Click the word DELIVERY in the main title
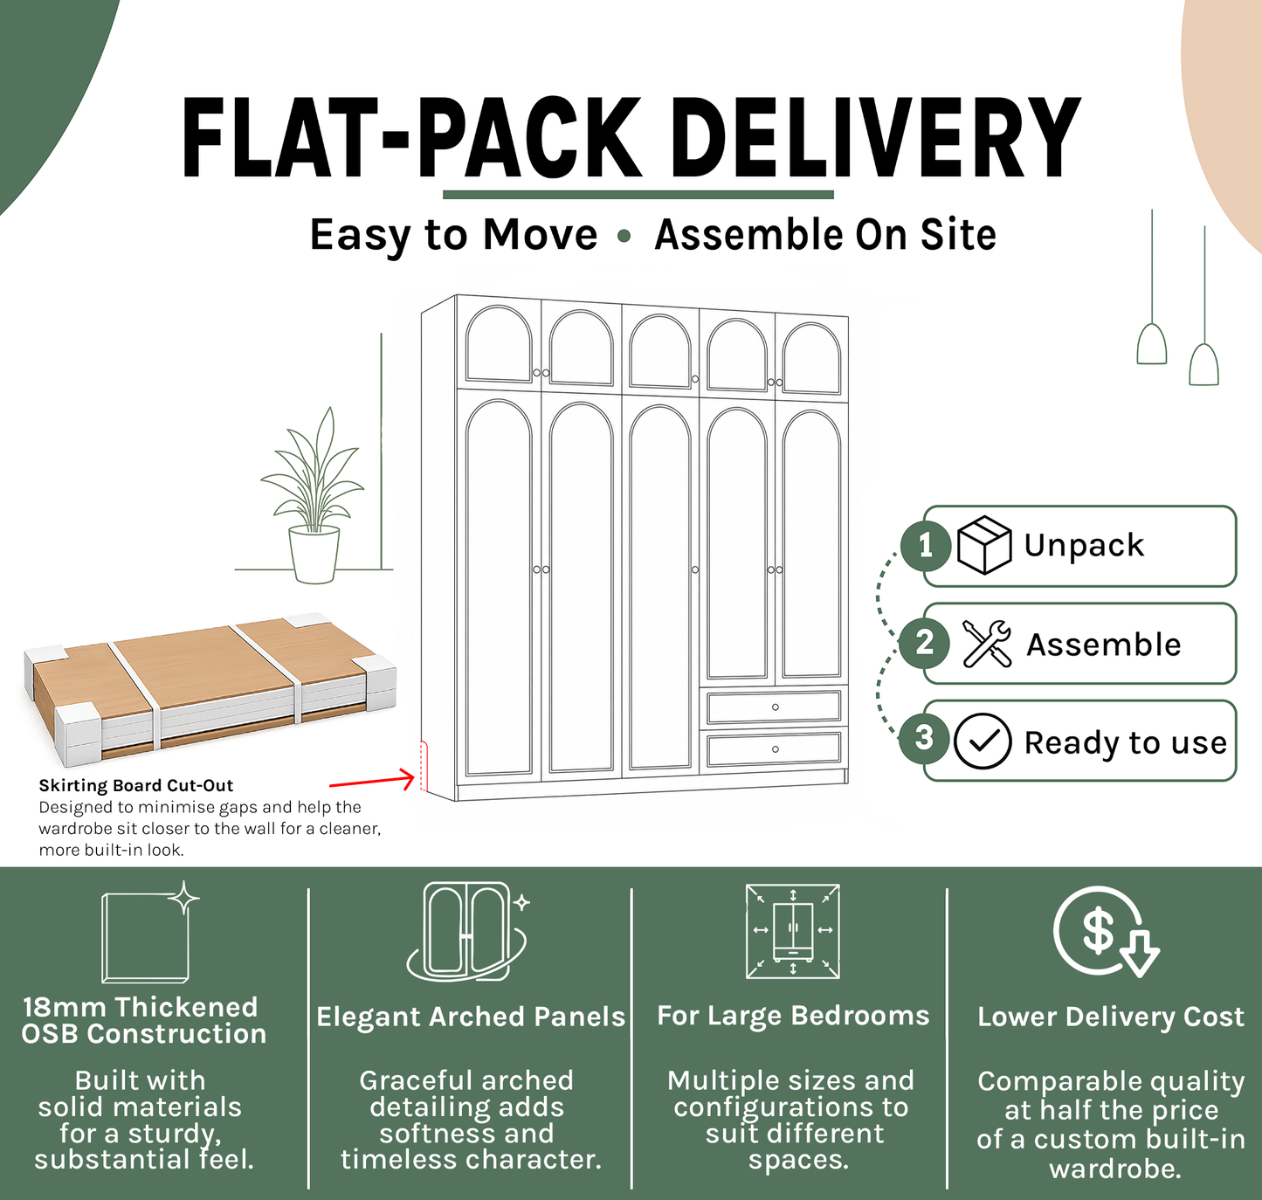pos(877,137)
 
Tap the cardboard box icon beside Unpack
pos(984,545)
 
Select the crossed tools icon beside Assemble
pos(987,644)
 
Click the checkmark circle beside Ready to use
pos(983,741)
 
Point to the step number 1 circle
pos(925,547)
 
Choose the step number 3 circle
pos(924,738)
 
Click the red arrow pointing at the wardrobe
pos(372,782)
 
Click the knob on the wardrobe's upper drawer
pos(776,707)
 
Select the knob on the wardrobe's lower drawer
pos(776,749)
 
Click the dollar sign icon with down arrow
pos(1106,932)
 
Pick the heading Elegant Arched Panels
pos(471,1017)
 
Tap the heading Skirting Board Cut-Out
pos(135,785)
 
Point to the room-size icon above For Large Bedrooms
pos(793,932)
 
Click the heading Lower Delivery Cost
pos(1111,1017)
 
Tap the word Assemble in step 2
pos(1103,644)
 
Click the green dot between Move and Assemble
pos(624,237)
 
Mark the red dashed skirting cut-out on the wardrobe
pos(423,766)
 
